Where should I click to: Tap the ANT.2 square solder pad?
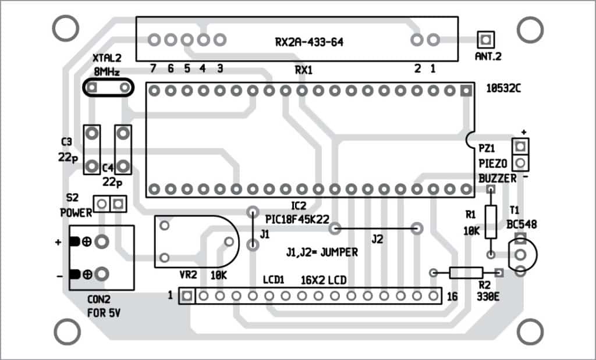[485, 40]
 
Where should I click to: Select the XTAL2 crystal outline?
[108, 87]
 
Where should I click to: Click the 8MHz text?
[107, 72]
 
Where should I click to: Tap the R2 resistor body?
[466, 272]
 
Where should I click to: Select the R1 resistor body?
[491, 222]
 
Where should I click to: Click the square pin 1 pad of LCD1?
[187, 296]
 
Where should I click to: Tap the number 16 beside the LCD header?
[452, 297]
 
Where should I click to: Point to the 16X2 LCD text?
[323, 280]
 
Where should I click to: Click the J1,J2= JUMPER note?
[321, 253]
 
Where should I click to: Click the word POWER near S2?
[76, 213]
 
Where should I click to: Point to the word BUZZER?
[497, 179]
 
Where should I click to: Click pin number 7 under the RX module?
[153, 68]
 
